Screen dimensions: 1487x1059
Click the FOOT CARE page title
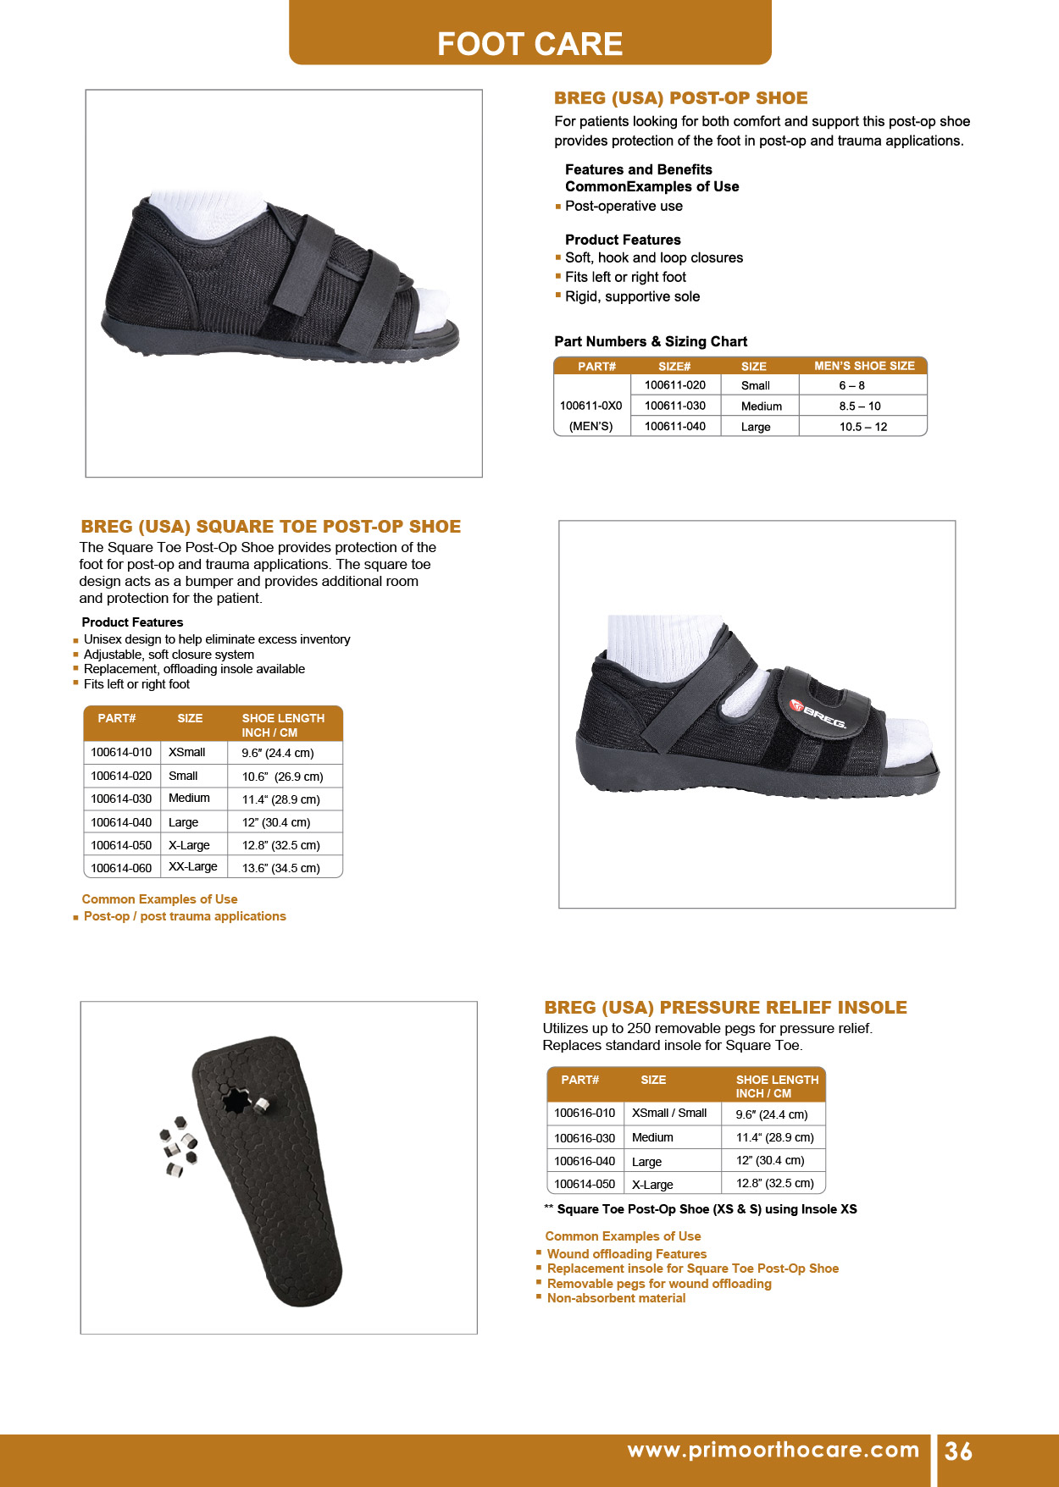(x=529, y=43)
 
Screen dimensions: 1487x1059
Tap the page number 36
(x=958, y=1451)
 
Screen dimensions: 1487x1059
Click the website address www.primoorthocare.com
(x=773, y=1450)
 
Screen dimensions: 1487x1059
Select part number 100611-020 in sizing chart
(x=674, y=385)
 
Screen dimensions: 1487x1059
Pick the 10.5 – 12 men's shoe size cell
(x=862, y=427)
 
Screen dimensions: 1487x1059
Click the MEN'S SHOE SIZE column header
(x=864, y=366)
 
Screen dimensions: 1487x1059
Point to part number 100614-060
(x=121, y=868)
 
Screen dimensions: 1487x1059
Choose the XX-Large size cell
(x=192, y=867)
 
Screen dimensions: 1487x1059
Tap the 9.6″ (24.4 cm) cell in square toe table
(x=278, y=753)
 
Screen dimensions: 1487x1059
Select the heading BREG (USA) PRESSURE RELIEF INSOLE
(x=725, y=1008)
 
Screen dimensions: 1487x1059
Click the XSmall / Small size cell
(x=669, y=1114)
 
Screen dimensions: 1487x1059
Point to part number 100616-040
(x=585, y=1162)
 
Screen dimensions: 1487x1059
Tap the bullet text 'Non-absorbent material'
(x=616, y=1298)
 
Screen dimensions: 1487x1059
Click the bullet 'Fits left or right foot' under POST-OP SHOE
(x=625, y=277)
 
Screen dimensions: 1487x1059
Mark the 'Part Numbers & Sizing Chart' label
(x=651, y=341)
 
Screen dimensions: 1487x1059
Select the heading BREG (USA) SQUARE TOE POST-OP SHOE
(x=271, y=527)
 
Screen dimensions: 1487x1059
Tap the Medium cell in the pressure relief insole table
(x=652, y=1138)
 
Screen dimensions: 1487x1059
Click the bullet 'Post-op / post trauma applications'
(x=185, y=916)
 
